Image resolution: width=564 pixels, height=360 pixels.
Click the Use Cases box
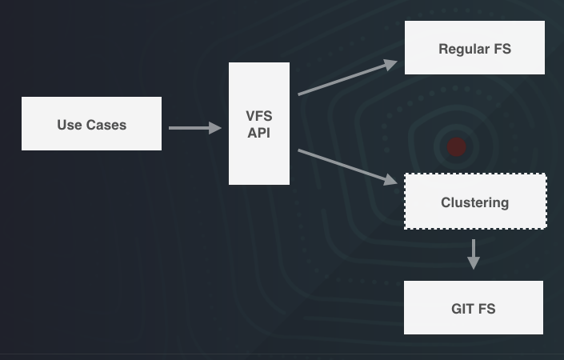[91, 123]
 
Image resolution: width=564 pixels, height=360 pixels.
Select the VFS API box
[258, 123]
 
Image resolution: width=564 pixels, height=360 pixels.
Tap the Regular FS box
[474, 48]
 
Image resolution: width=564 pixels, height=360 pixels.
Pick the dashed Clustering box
[474, 202]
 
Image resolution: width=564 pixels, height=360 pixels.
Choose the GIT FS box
[473, 307]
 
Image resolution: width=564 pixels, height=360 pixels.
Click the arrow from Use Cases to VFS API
[194, 127]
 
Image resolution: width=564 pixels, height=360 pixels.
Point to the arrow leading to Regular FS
[347, 78]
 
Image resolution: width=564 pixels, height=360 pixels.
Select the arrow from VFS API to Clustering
[347, 166]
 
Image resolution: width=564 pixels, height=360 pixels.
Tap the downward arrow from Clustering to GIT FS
[473, 253]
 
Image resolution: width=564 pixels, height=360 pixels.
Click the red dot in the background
[456, 146]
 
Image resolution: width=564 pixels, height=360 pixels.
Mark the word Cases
[106, 124]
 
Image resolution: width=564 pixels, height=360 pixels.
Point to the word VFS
[258, 116]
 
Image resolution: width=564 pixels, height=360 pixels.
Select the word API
[258, 133]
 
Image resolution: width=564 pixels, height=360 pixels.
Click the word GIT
[462, 308]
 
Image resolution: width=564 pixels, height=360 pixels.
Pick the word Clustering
[474, 202]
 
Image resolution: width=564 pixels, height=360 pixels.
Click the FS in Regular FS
[502, 49]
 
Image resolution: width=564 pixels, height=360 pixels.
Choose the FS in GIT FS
[486, 308]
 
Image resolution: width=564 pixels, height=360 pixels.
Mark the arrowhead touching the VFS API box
[215, 127]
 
